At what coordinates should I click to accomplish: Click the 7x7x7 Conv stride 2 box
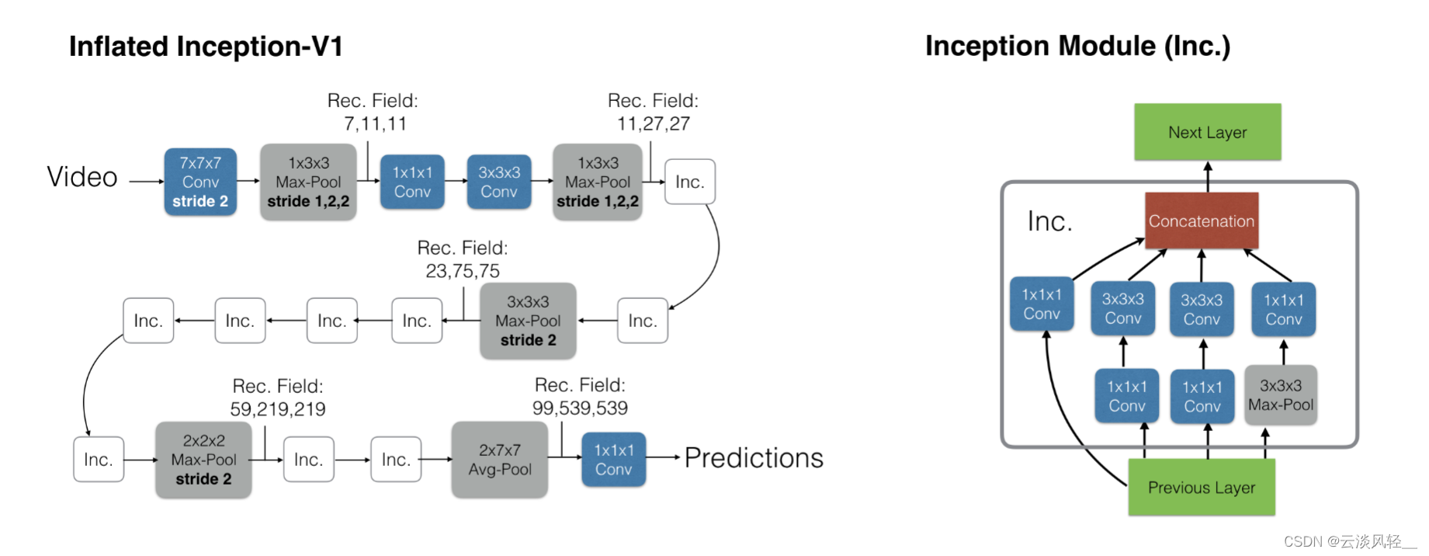(x=200, y=182)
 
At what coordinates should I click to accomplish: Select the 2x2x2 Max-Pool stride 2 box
(x=203, y=460)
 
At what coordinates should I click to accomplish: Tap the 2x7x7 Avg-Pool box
(x=499, y=460)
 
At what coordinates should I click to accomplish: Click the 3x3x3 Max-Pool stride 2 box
(x=528, y=321)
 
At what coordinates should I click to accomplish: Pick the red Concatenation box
(x=1201, y=221)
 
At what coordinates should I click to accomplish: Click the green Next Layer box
(x=1207, y=132)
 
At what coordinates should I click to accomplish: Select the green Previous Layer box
(x=1201, y=487)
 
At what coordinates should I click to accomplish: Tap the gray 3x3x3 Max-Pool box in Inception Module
(x=1280, y=395)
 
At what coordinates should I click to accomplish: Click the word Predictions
(x=753, y=458)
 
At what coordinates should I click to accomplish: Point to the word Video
(x=82, y=177)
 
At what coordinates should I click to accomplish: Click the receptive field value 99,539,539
(x=580, y=408)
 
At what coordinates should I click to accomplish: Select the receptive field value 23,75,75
(x=463, y=271)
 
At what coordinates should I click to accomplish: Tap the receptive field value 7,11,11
(x=375, y=123)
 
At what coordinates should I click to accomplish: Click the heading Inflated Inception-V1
(x=206, y=47)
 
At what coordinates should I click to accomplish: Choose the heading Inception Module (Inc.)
(x=1077, y=46)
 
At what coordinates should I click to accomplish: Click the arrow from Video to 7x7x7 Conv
(x=146, y=182)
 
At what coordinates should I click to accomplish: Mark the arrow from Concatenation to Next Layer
(x=1207, y=176)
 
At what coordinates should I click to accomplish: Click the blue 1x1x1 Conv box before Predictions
(x=613, y=460)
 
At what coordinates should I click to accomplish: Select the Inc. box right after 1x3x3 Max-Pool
(x=689, y=182)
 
